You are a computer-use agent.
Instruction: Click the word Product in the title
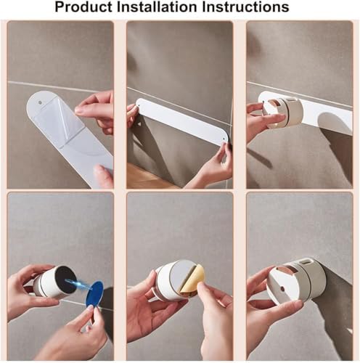click(84, 7)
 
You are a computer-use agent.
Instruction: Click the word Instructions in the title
click(245, 7)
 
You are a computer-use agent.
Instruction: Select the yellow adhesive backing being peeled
click(192, 280)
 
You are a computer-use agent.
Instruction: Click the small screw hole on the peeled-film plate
click(40, 102)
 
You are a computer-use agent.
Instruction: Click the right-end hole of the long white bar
click(224, 139)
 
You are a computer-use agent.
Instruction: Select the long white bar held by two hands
click(182, 121)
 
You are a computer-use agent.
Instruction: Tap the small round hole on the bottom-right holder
click(282, 289)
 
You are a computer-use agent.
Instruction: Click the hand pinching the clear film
click(96, 111)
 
